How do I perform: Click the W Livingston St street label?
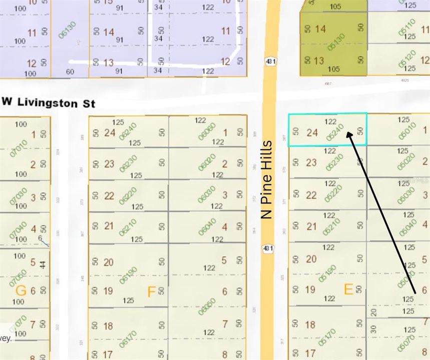pyautogui.click(x=48, y=102)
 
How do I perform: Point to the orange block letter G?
pyautogui.click(x=21, y=290)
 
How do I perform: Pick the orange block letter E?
pyautogui.click(x=348, y=288)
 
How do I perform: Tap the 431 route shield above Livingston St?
pyautogui.click(x=271, y=61)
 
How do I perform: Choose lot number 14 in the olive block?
pyautogui.click(x=320, y=29)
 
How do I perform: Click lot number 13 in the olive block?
pyautogui.click(x=319, y=61)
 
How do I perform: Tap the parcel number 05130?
pyautogui.click(x=336, y=42)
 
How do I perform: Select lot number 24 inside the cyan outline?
pyautogui.click(x=312, y=132)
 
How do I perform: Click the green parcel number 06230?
pyautogui.click(x=128, y=163)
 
